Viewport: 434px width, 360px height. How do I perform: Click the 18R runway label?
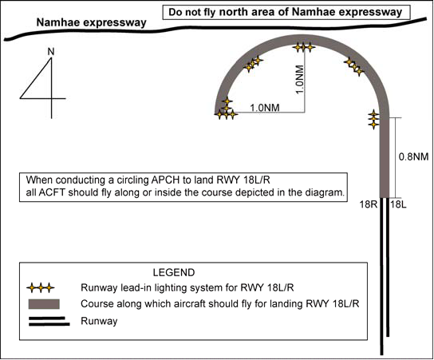pos(369,204)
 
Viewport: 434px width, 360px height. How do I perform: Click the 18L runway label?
pos(399,204)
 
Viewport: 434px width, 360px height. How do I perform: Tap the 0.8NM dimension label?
pos(413,157)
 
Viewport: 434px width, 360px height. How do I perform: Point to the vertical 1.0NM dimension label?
pos(300,80)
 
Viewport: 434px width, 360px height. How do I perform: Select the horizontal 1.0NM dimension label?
pos(265,108)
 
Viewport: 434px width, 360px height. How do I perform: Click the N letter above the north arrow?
pos(51,52)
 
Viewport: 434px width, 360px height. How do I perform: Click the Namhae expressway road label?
pos(91,22)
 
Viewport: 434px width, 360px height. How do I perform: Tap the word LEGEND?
pos(174,272)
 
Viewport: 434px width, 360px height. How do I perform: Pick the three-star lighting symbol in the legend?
pos(41,288)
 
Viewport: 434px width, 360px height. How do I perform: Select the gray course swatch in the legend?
pos(44,304)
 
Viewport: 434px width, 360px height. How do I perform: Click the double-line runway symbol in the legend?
pos(49,321)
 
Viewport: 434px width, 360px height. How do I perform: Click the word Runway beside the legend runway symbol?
pos(99,321)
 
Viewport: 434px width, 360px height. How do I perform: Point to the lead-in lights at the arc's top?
pos(304,47)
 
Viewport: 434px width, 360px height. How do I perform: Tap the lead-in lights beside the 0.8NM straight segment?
pos(373,120)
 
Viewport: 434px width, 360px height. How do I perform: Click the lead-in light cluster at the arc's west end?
pos(226,109)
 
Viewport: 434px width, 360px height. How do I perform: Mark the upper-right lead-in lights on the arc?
pos(354,67)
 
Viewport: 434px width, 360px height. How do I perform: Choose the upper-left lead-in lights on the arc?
pos(253,64)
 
